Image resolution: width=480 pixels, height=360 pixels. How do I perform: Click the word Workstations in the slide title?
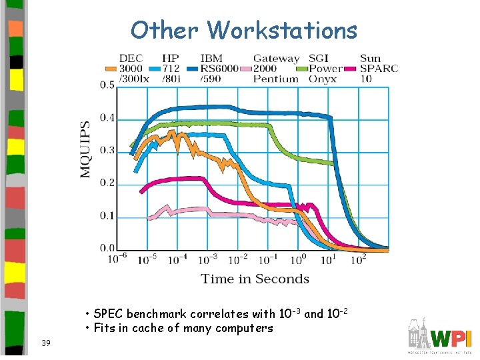point(283,30)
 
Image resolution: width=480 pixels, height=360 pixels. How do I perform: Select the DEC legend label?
point(131,58)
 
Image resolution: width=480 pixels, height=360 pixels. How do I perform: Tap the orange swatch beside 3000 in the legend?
point(111,69)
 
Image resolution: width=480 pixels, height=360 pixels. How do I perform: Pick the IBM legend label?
point(211,58)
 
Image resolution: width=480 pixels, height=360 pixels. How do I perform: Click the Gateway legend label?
point(276,58)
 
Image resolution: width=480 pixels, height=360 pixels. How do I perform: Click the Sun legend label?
point(370,58)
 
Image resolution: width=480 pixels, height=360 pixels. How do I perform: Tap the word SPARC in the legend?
point(379,69)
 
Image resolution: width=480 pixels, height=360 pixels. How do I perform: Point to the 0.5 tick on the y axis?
point(107,85)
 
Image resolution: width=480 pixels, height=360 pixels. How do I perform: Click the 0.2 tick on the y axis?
point(107,183)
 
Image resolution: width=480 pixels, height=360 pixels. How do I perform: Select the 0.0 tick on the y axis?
point(107,248)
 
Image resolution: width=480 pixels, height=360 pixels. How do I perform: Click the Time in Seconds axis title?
point(255,279)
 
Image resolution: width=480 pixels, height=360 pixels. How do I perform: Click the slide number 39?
point(45,343)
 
